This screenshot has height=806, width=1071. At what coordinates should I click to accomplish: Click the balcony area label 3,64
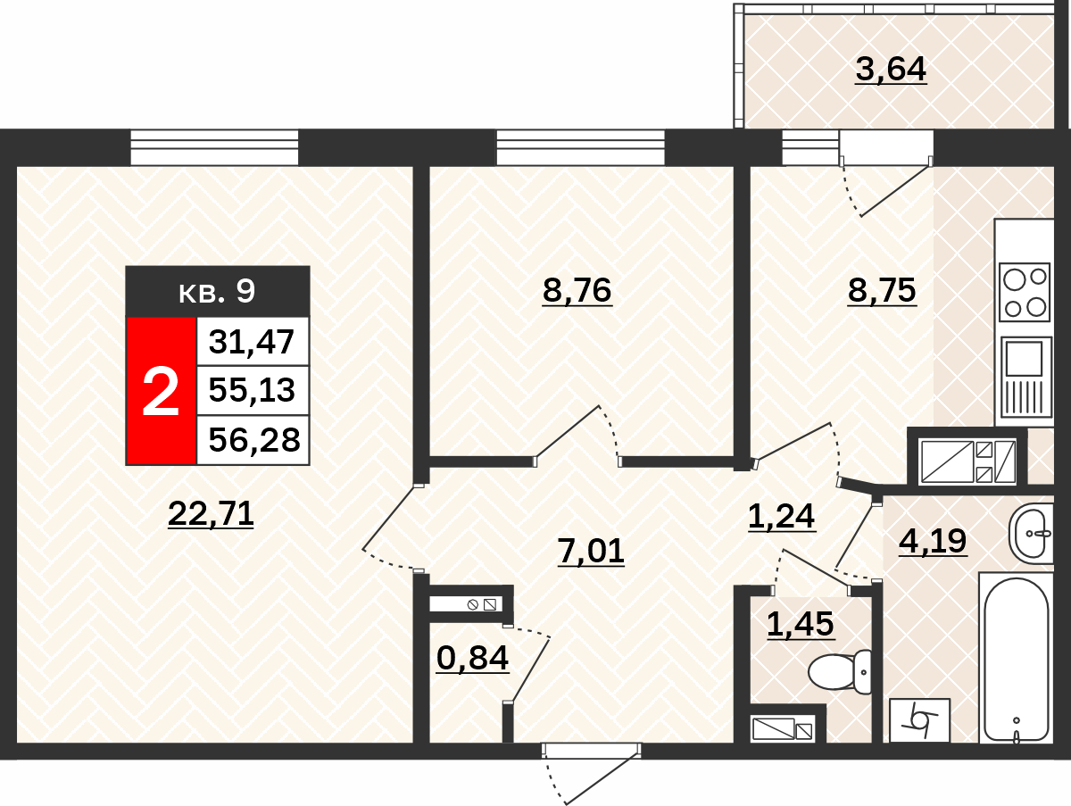[x=891, y=69]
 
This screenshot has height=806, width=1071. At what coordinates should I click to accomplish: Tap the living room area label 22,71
[x=211, y=514]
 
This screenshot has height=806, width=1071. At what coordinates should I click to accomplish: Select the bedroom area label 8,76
[x=577, y=290]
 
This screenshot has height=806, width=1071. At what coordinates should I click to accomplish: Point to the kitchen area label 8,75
[x=882, y=290]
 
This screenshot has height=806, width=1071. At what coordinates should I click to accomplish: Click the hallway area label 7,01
[x=591, y=551]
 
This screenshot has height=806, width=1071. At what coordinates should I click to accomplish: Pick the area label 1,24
[x=781, y=516]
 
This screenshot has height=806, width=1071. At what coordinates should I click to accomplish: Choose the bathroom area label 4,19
[x=933, y=541]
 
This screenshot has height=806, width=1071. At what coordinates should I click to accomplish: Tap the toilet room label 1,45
[x=801, y=624]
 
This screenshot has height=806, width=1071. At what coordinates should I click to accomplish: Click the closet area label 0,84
[x=472, y=658]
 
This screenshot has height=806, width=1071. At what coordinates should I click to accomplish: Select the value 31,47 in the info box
[x=252, y=342]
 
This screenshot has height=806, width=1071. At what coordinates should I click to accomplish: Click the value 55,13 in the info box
[x=252, y=390]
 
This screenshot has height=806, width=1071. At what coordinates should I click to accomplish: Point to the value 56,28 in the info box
[x=254, y=439]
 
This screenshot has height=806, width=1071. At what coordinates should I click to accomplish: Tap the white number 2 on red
[x=161, y=391]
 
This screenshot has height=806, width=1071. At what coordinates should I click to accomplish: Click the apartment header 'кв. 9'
[x=217, y=291]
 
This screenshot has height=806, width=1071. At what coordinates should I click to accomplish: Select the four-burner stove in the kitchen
[x=1025, y=293]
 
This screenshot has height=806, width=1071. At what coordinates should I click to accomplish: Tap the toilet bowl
[x=839, y=672]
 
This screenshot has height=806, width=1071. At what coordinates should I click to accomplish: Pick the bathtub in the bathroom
[x=1016, y=660]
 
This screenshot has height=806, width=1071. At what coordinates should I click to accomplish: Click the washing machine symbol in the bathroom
[x=920, y=720]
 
